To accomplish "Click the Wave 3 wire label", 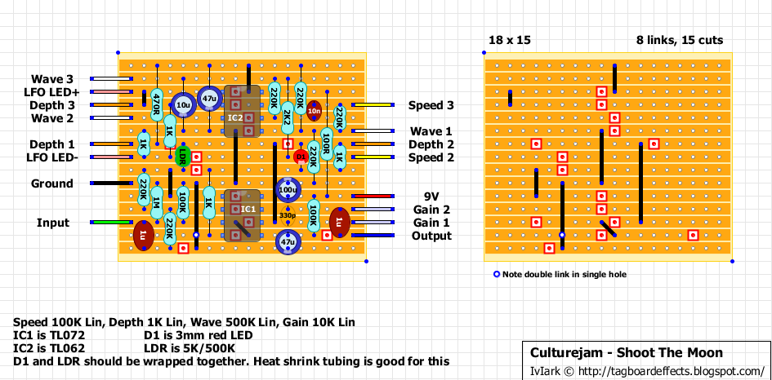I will (x=52, y=79).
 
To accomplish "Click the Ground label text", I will (x=51, y=183).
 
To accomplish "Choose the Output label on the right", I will (x=431, y=236).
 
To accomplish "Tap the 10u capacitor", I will (x=182, y=104).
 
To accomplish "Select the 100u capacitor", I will (x=287, y=190).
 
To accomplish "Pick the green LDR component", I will (x=182, y=157).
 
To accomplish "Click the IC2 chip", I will (x=234, y=117).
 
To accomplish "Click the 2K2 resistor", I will (x=287, y=118).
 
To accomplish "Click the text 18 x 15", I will (x=509, y=40).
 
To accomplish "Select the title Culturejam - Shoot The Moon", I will (x=627, y=353).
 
